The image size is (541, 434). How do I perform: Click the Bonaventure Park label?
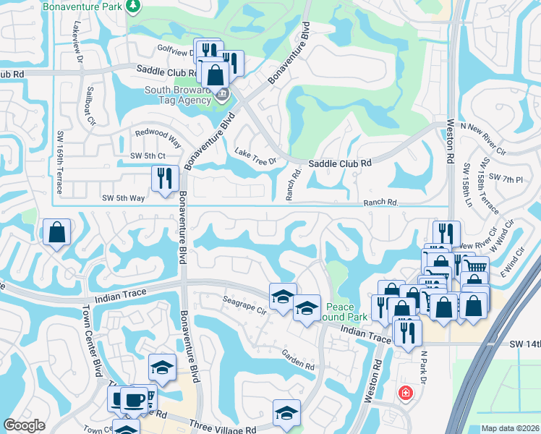click(82, 7)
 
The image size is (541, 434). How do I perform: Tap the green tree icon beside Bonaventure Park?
click(133, 6)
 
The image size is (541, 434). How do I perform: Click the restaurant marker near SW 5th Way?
click(165, 178)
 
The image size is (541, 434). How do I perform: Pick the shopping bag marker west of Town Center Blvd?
click(56, 233)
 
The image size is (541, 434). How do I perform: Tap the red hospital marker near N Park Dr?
click(405, 393)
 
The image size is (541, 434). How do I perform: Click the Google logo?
click(25, 425)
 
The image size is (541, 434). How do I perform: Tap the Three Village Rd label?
click(223, 428)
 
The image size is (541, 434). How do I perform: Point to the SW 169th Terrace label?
click(60, 162)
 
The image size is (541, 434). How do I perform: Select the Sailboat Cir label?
click(89, 106)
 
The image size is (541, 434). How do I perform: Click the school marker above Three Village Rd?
click(287, 412)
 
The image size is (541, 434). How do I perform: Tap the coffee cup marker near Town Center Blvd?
click(135, 399)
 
